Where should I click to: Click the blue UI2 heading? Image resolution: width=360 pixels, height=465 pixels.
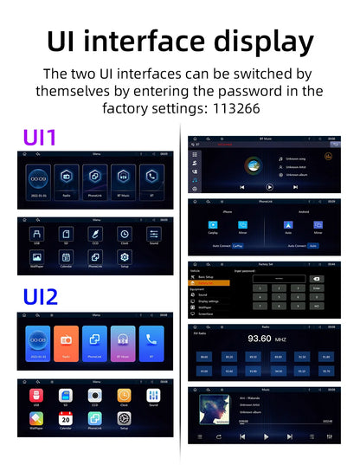pos(39,297)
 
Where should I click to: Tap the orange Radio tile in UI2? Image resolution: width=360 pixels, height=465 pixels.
pos(67,342)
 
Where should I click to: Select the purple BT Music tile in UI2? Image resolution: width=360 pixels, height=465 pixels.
pos(123,342)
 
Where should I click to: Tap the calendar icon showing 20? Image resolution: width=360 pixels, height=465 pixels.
pos(66,419)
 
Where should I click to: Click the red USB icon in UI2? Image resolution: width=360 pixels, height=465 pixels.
pos(35,395)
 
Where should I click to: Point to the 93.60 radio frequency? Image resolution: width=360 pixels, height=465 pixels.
pos(260,338)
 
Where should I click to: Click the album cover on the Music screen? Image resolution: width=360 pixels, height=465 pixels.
pos(212,412)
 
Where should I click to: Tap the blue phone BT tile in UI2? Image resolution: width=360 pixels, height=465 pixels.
pos(152,342)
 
